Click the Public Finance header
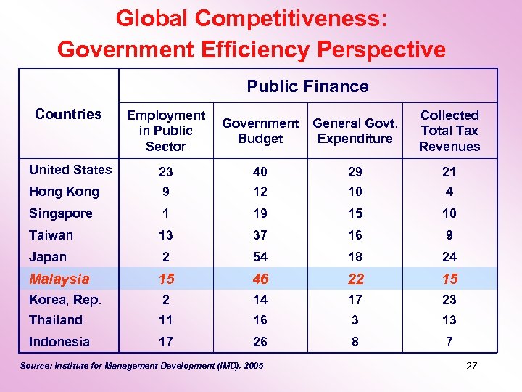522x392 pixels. coord(307,86)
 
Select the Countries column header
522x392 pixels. coord(68,114)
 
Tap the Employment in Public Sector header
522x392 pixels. coord(166,131)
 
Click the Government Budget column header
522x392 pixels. coord(260,131)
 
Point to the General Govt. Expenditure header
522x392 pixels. coord(355,131)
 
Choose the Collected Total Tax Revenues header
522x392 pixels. coord(449,131)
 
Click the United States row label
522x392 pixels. coord(70,170)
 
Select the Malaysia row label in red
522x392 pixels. coord(59,279)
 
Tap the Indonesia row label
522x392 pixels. coord(59,342)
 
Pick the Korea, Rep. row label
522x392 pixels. coord(65,299)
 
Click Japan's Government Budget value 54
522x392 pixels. coord(260,257)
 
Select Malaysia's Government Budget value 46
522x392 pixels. coord(260,279)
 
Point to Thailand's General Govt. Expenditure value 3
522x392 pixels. coord(355,320)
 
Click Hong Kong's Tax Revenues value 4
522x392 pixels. coord(449,192)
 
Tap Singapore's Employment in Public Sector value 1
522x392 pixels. coord(166,213)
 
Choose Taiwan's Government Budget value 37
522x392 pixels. coord(260,235)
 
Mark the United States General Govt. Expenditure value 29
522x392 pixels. coord(355,172)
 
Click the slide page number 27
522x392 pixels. coord(471,366)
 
